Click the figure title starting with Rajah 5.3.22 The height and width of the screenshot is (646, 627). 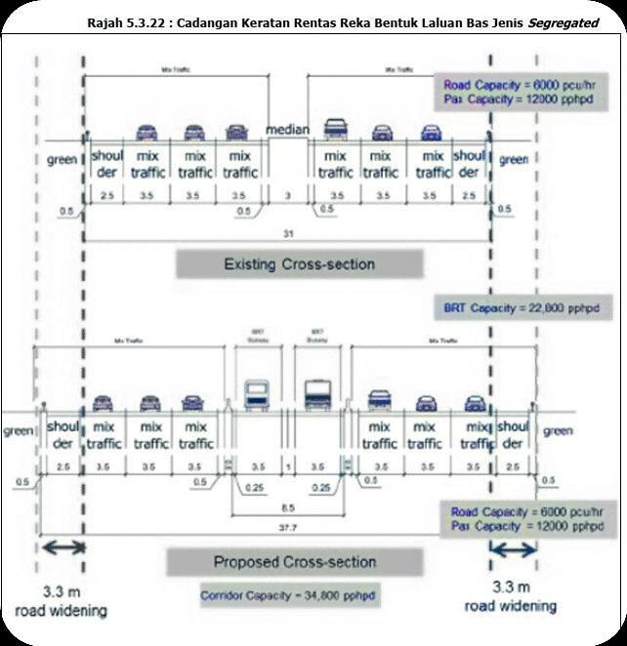coord(342,20)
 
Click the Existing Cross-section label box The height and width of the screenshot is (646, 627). coord(299,263)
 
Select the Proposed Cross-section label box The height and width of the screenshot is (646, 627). coord(294,562)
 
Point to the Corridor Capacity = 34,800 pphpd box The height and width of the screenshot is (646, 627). coord(289,594)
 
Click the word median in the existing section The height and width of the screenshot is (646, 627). coord(289,129)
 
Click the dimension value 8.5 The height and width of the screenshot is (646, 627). coord(288,507)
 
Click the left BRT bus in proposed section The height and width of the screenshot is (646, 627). coord(257,395)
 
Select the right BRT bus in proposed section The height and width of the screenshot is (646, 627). coord(319,395)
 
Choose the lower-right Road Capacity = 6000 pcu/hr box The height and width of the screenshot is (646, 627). coord(522,519)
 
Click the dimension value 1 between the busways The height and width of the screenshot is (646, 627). coord(288,467)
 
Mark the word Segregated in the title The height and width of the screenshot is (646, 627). coord(563,20)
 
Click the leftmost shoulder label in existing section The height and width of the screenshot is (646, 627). coord(105,163)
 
